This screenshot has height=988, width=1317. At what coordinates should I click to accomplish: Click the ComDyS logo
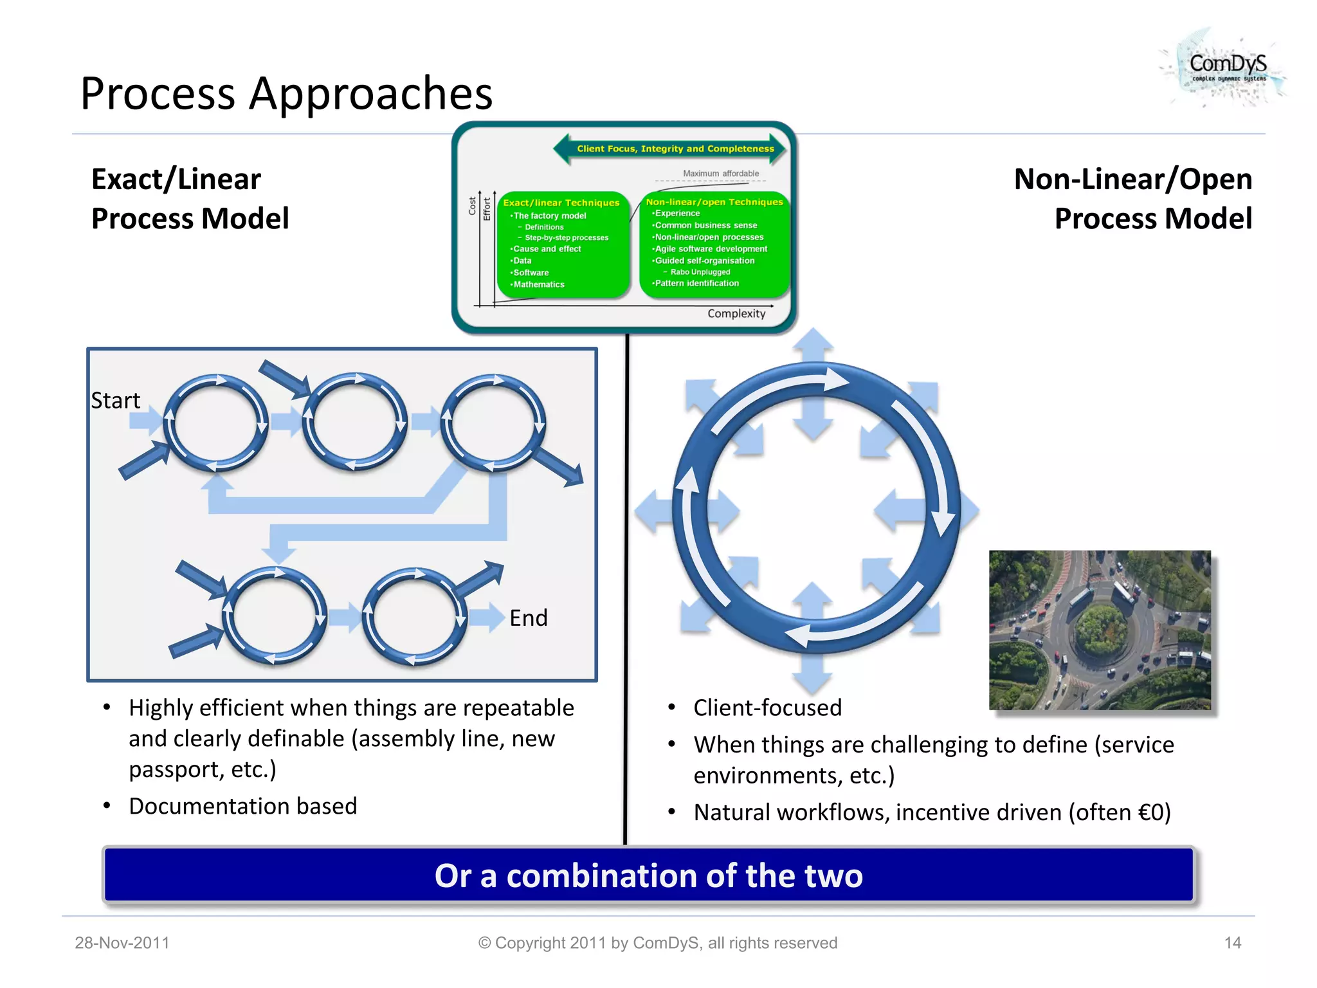tap(1226, 68)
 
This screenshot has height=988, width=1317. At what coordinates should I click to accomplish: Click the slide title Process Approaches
tap(286, 94)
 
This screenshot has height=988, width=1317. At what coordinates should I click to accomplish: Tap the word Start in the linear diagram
tap(115, 401)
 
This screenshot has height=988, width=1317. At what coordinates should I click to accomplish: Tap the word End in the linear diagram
tap(528, 618)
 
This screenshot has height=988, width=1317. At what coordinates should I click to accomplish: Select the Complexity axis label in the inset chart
tap(736, 314)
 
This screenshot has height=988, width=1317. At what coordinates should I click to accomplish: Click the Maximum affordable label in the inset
tap(720, 174)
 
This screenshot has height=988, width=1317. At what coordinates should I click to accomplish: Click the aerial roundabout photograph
tap(1100, 630)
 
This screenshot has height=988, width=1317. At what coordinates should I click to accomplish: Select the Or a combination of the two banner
tap(648, 876)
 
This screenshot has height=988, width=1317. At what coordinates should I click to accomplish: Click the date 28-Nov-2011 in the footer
tap(122, 943)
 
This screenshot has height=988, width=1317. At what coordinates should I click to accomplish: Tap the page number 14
tap(1232, 943)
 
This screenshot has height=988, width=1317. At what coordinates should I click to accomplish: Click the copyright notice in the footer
tap(657, 943)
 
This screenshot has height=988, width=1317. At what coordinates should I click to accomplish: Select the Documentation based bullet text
tap(242, 807)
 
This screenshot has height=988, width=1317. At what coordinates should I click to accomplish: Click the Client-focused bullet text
tap(767, 708)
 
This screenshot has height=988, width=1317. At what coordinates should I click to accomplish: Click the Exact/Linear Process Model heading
tap(190, 199)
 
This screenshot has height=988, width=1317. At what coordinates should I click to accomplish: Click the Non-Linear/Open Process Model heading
tap(1133, 199)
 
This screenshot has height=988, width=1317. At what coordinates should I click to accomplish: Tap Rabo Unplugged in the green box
tap(700, 272)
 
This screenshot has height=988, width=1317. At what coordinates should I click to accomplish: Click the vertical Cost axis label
tap(472, 206)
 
